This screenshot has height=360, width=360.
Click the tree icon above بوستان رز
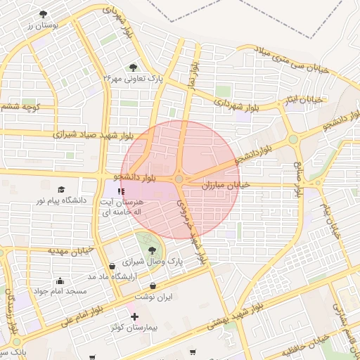point(44,14)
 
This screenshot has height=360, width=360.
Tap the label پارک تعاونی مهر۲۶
point(134,78)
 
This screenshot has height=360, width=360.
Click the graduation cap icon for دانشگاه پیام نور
point(61,190)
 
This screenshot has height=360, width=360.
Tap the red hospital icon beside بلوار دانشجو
point(121,190)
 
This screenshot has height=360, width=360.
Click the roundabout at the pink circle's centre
point(179,179)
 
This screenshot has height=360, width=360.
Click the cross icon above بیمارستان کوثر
point(134,317)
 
